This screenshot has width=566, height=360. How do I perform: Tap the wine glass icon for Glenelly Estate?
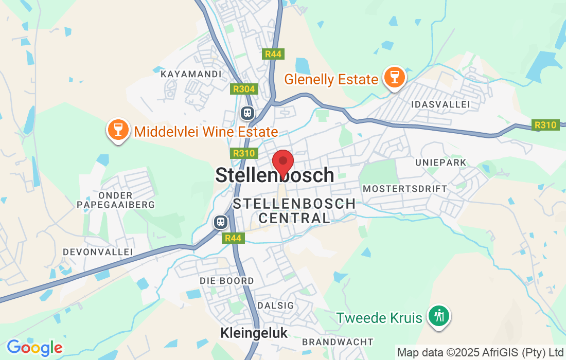point(395,78)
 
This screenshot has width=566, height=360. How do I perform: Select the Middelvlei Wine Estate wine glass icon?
point(118,130)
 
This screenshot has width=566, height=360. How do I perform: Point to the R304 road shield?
point(243,89)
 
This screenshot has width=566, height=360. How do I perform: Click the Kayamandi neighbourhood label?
point(191,74)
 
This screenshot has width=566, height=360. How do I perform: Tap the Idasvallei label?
point(441,104)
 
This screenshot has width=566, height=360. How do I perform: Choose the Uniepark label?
point(441,163)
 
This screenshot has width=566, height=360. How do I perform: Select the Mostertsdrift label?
point(405,189)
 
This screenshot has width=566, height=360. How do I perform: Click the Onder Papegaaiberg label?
point(116,200)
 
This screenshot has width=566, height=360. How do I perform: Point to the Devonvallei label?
point(98,252)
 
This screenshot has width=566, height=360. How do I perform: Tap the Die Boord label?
point(227,281)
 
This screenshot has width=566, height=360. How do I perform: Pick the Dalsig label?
point(275,305)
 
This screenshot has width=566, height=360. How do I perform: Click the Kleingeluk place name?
point(254,333)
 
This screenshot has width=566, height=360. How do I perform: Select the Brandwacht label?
point(338,342)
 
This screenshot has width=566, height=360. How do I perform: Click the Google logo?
point(34,348)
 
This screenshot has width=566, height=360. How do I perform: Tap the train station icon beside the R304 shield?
point(247,112)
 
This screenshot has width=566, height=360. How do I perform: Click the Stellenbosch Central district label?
point(294,211)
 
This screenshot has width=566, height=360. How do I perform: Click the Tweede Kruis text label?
point(379,318)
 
